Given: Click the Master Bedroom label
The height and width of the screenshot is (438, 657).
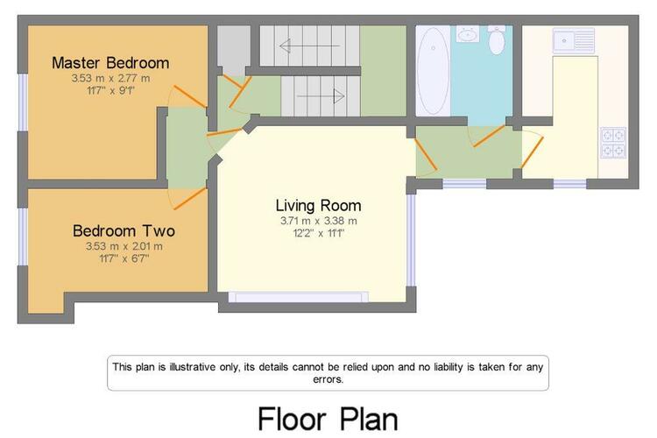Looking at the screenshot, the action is (110, 63).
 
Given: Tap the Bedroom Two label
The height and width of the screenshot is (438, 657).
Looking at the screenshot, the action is (124, 231).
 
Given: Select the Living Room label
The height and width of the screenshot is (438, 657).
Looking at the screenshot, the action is (319, 205).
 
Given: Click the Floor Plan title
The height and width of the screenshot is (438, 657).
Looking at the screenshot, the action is (328, 419).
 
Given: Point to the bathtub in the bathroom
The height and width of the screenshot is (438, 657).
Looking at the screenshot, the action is (433, 71).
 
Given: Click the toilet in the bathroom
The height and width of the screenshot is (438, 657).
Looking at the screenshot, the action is (497, 39).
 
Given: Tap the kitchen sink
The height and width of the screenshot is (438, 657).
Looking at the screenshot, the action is (573, 40).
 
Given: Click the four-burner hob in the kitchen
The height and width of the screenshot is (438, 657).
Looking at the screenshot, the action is (613, 143).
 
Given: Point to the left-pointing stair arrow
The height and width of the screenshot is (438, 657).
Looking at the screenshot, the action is (309, 46).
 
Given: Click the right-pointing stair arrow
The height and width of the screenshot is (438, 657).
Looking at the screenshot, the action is (321, 96).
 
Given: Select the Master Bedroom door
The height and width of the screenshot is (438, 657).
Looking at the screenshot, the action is (190, 97).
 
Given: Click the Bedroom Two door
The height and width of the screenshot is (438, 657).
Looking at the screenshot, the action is (190, 199).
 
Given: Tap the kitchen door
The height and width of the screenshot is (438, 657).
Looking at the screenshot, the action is (532, 152).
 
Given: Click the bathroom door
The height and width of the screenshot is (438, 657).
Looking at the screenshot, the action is (489, 136).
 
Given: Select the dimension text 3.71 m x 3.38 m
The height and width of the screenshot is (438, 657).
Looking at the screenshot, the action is (319, 221).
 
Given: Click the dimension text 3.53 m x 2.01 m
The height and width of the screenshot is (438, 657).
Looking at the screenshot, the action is (124, 246).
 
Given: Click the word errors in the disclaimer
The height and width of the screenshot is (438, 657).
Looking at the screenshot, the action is (328, 379).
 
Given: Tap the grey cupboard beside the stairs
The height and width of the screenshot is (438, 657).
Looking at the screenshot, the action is (234, 50).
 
